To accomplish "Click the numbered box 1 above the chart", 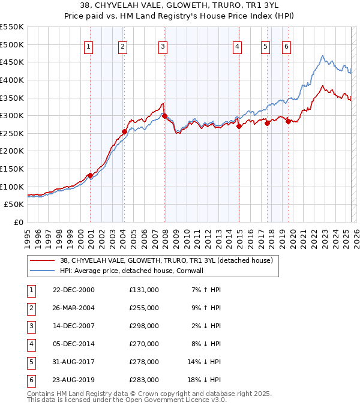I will pyautogui.click(x=88, y=47).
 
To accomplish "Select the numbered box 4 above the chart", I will pyautogui.click(x=238, y=47).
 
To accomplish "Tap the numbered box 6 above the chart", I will pyautogui.click(x=286, y=47).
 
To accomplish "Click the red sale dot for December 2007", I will pyautogui.click(x=164, y=116).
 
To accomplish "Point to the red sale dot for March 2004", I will pyautogui.click(x=125, y=131).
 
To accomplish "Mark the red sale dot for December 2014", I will pyautogui.click(x=239, y=126).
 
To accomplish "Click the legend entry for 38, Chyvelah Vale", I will pyautogui.click(x=166, y=260).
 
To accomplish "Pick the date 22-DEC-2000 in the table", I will pyautogui.click(x=74, y=290).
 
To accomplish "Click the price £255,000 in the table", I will pyautogui.click(x=144, y=308).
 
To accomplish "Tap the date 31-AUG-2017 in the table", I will pyautogui.click(x=74, y=362).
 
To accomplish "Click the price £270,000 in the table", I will pyautogui.click(x=144, y=344).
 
